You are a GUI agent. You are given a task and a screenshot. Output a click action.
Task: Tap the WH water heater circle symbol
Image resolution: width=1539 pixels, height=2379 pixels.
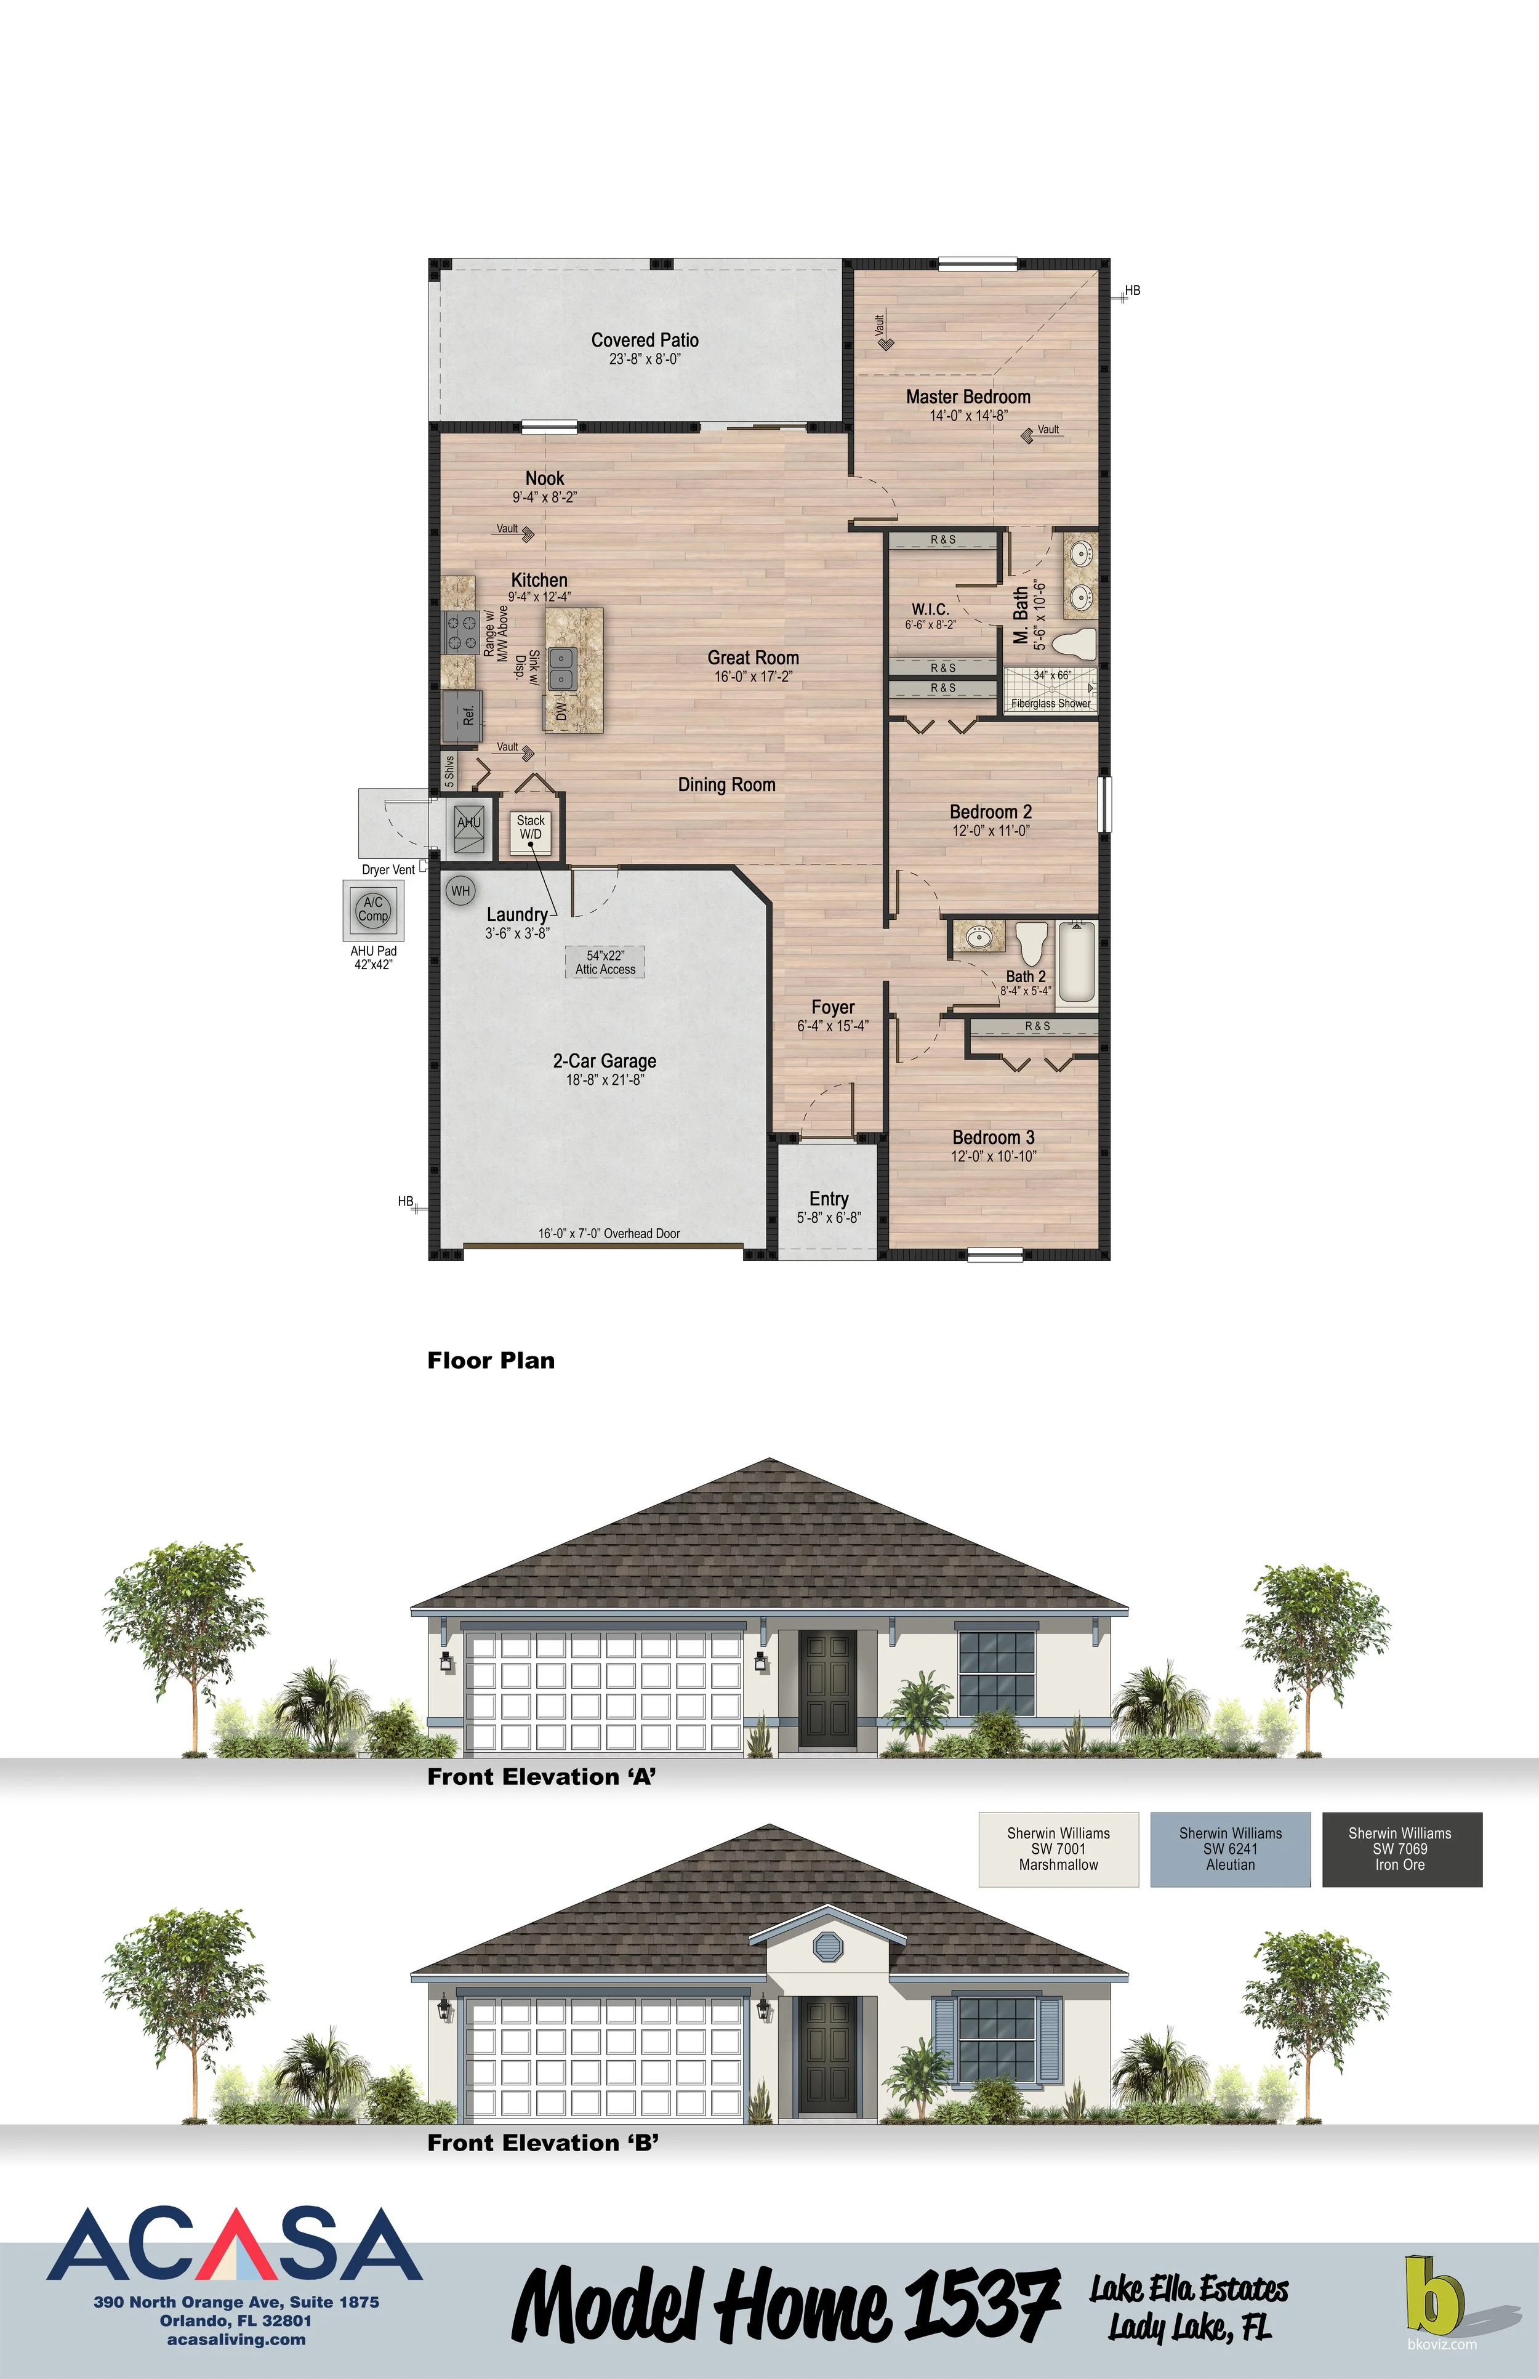click(460, 891)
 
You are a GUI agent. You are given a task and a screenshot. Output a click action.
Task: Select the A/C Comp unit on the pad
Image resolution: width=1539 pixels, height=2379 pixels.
click(373, 909)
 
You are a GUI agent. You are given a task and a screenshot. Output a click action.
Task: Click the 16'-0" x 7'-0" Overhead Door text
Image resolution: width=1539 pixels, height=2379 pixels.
click(609, 1233)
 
